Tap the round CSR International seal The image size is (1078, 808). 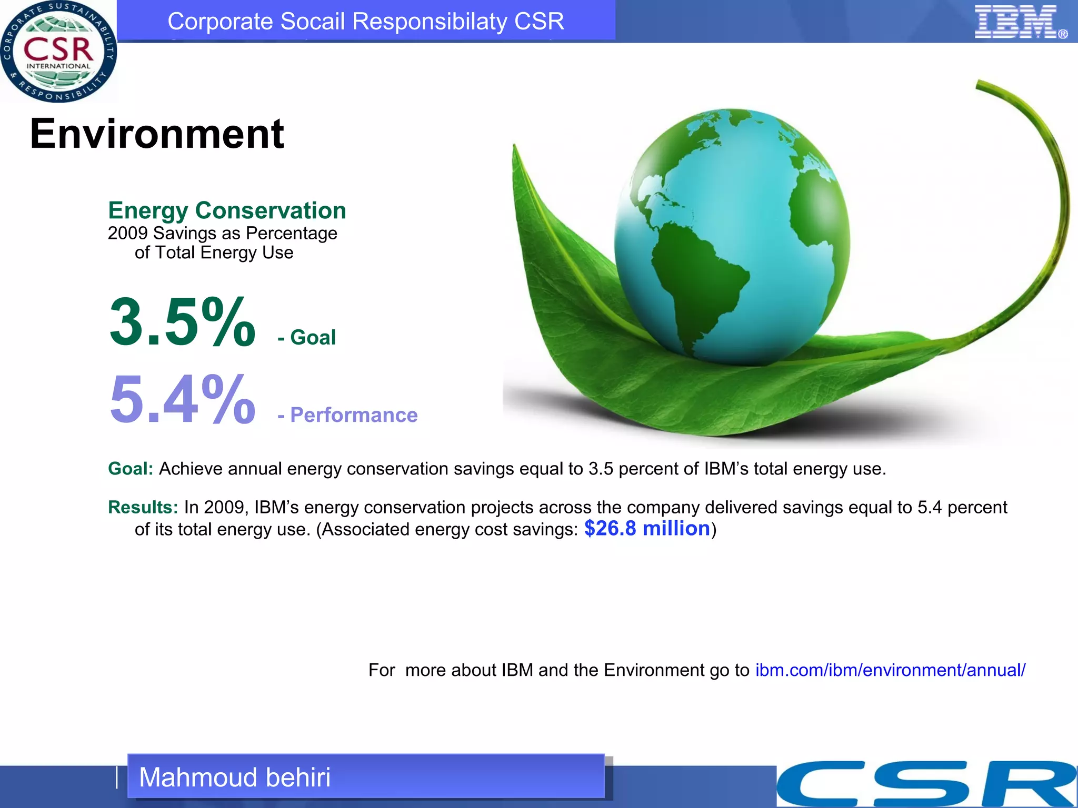tap(58, 51)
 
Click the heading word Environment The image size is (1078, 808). tap(157, 134)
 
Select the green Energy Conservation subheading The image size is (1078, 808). tap(227, 210)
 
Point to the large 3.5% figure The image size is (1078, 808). tap(182, 321)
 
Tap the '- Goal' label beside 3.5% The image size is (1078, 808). tap(307, 337)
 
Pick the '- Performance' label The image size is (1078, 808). tap(348, 415)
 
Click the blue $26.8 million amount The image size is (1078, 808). tap(647, 529)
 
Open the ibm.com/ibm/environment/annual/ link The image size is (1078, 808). tap(890, 670)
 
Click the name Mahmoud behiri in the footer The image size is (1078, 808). tap(235, 777)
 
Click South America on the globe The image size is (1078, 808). tap(695, 279)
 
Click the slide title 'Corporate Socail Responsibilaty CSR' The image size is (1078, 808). tap(365, 22)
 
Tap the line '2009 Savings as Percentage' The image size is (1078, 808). tap(222, 233)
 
